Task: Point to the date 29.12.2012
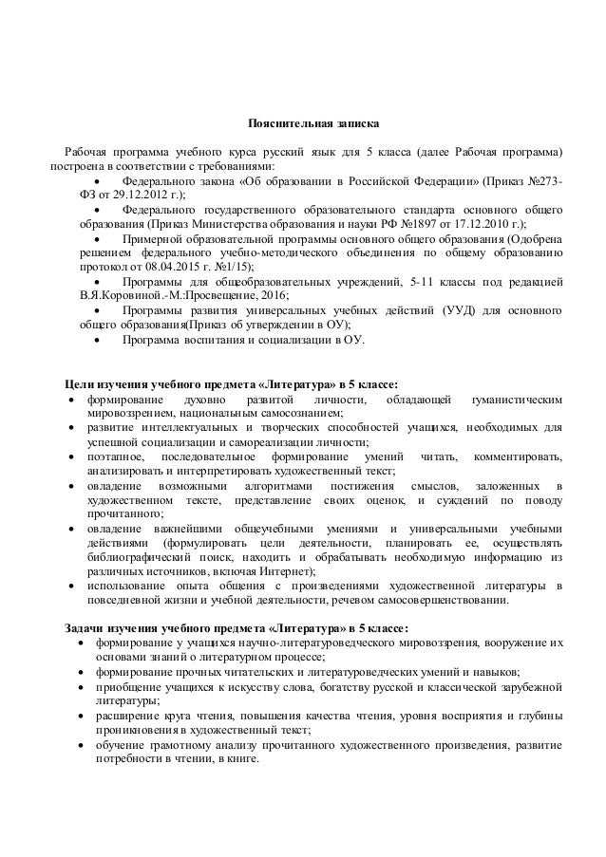(125, 194)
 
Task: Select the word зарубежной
(522, 686)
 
